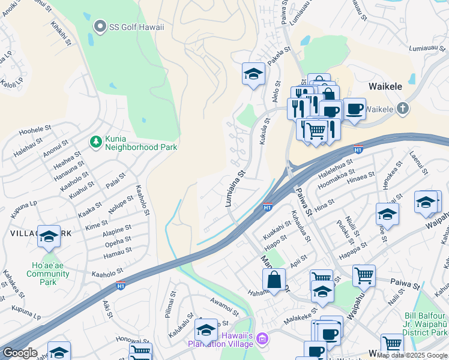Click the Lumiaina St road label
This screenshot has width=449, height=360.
pos(235,188)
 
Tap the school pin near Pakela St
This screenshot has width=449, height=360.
pos(253,74)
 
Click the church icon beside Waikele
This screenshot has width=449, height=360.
pos(403,109)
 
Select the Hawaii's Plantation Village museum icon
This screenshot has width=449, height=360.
pos(261,340)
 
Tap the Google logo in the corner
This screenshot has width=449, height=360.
pos(19,353)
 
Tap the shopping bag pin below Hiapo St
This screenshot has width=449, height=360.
pos(274,280)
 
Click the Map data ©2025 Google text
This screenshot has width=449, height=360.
pos(412,355)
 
